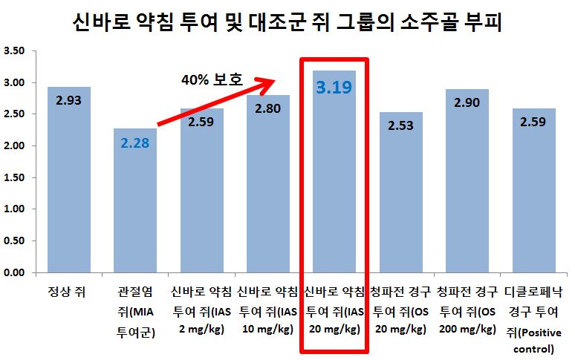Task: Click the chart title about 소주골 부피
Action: click(287, 24)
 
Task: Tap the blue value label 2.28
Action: click(135, 142)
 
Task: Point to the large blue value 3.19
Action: click(334, 88)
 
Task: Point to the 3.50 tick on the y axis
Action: click(15, 51)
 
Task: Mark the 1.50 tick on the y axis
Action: click(15, 177)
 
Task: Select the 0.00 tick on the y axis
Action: click(15, 272)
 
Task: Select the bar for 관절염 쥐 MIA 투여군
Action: click(135, 215)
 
